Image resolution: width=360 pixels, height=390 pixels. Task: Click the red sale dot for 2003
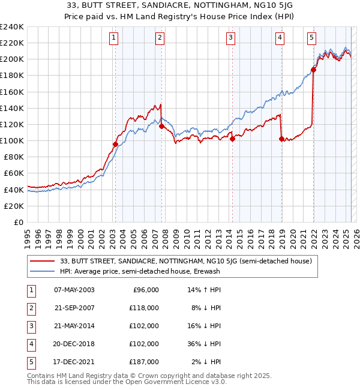coord(115,144)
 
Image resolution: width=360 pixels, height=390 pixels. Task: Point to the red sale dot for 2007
coord(161,126)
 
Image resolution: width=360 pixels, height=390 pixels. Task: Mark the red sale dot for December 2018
coord(281,139)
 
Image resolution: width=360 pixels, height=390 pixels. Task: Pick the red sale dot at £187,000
coord(313,70)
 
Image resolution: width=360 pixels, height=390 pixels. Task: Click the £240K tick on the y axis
coord(12,27)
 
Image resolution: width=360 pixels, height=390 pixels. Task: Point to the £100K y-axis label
coord(12,140)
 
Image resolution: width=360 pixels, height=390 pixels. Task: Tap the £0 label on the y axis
coord(19,222)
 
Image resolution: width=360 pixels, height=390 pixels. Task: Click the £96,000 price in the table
coord(145,290)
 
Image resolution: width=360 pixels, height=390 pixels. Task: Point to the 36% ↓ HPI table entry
coord(204,344)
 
